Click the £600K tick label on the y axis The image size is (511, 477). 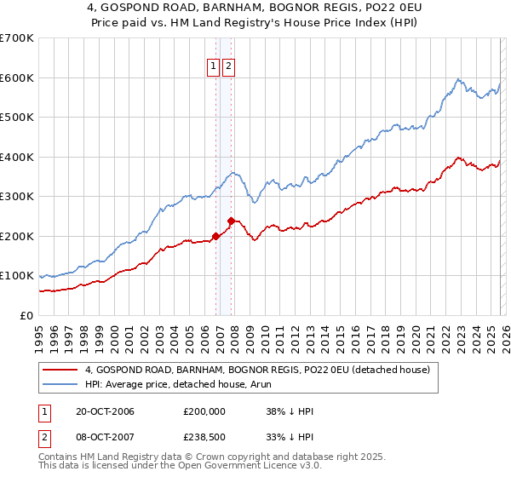[17, 78]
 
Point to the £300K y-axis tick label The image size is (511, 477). [17, 196]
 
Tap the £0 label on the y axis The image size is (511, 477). [26, 315]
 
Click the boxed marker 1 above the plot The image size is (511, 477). [213, 68]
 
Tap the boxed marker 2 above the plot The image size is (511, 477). [229, 68]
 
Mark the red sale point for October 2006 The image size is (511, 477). [215, 236]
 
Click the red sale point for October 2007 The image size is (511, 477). [231, 221]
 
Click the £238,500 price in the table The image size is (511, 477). [204, 439]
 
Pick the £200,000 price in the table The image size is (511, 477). [204, 411]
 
